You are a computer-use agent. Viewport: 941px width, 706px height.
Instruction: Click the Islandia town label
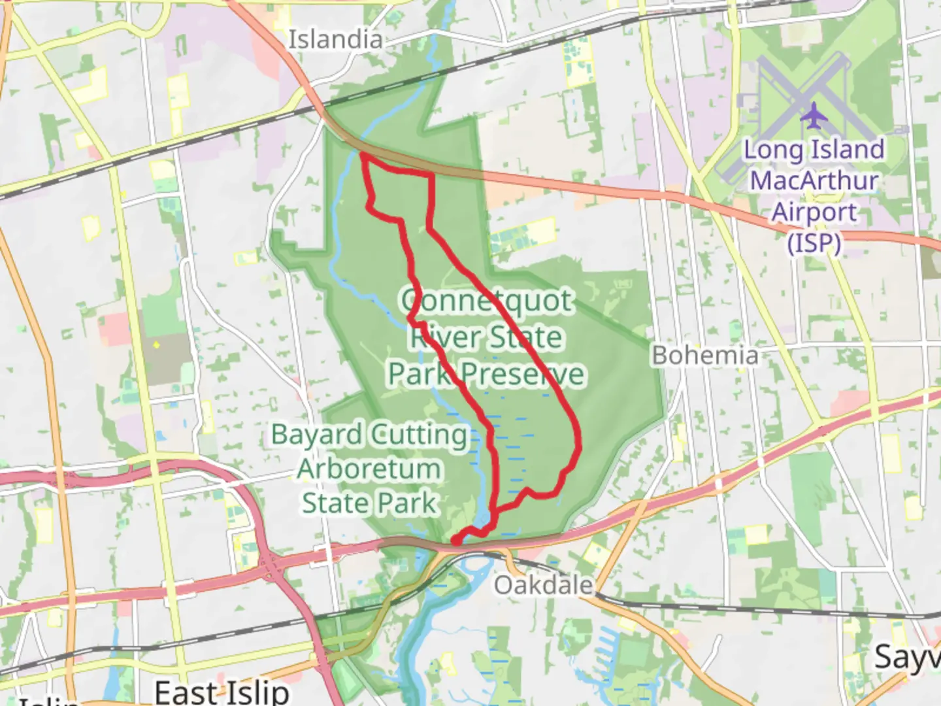(335, 39)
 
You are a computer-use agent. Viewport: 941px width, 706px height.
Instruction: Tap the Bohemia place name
(706, 356)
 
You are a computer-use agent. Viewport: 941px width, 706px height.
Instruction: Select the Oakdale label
(543, 585)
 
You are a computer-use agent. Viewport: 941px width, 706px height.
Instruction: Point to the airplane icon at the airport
(814, 116)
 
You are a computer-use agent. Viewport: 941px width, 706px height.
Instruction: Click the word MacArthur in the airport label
(814, 180)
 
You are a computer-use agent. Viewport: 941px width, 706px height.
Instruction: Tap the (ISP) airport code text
(814, 243)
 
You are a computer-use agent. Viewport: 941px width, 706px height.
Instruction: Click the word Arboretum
(369, 469)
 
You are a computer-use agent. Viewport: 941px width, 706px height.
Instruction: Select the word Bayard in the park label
(316, 435)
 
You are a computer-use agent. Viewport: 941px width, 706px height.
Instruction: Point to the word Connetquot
(487, 301)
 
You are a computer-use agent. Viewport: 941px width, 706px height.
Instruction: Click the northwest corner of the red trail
(362, 155)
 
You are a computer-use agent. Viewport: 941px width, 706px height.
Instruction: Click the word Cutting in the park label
(418, 435)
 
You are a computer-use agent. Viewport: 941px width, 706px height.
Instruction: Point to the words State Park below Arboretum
(369, 503)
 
